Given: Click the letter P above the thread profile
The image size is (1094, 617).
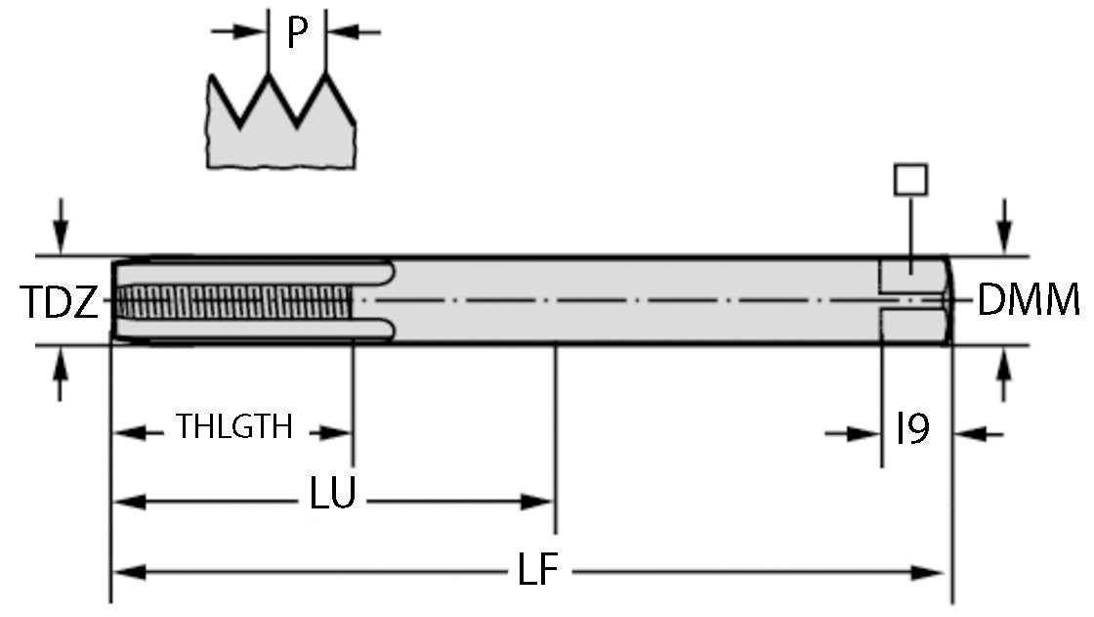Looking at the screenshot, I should (x=297, y=33).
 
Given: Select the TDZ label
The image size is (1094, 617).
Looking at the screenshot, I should (x=59, y=302).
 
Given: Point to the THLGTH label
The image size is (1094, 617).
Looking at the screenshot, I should (x=233, y=427).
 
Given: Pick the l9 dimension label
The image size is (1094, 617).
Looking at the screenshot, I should (x=912, y=428).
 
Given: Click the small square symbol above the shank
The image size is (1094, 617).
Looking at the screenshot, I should (x=910, y=180).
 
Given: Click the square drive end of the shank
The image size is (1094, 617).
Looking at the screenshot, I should (x=915, y=301).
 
